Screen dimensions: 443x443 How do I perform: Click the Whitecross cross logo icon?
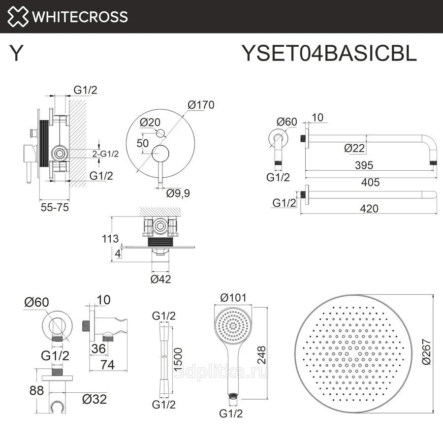[x=18, y=16]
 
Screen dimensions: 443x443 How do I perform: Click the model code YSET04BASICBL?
[x=329, y=53]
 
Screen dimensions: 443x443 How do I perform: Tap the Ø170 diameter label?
[x=201, y=105]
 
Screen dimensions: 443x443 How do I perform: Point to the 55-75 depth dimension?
[x=55, y=207]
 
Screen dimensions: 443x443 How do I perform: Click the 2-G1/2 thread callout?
[x=105, y=154]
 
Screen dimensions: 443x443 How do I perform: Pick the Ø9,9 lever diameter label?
[x=178, y=193]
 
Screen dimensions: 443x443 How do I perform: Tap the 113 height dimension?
[x=110, y=239]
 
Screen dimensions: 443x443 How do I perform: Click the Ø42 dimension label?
[x=161, y=279]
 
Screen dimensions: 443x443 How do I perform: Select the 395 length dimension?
[x=364, y=165]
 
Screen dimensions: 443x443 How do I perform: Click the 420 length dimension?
[x=369, y=209]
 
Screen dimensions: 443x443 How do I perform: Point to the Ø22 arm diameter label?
[x=354, y=148]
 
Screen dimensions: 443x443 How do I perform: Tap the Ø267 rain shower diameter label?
[x=426, y=352]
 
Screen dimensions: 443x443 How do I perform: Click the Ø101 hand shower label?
[x=233, y=297]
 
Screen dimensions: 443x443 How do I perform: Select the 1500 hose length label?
[x=178, y=360]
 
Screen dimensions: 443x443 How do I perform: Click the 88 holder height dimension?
[x=36, y=390]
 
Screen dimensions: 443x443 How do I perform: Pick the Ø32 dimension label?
[x=95, y=399]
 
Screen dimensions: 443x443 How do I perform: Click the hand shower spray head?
[x=233, y=326]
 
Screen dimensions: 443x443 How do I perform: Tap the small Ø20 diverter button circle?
[x=160, y=133]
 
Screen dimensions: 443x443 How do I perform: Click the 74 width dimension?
[x=108, y=364]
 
